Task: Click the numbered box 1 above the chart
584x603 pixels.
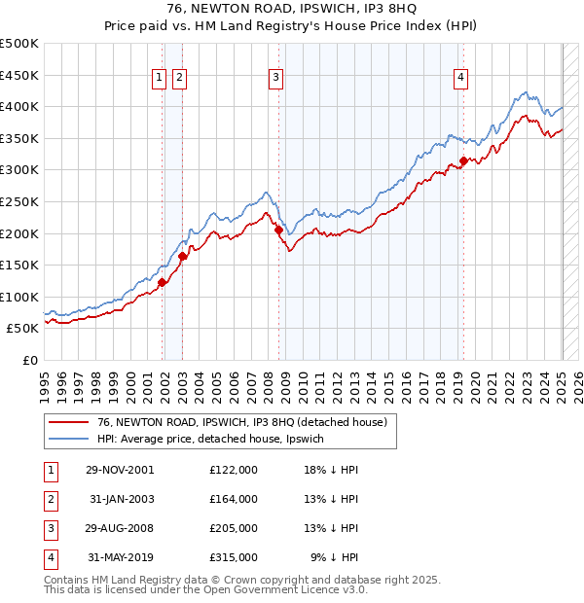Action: (158, 80)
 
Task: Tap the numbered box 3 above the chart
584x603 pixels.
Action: (276, 80)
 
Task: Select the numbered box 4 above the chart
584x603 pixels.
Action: (459, 80)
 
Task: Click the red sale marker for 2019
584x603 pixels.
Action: (463, 161)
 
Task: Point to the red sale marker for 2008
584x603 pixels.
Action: (279, 231)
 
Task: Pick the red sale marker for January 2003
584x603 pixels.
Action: (182, 257)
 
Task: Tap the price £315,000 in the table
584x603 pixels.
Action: (234, 557)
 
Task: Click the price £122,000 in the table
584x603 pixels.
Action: (234, 469)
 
